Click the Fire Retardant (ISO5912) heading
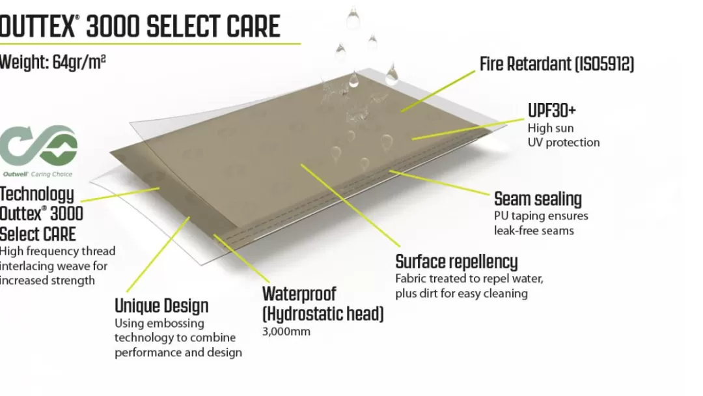(x=557, y=64)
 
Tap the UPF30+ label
(x=551, y=110)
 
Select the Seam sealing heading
(x=538, y=199)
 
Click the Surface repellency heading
(x=456, y=261)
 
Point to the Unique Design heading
(x=161, y=306)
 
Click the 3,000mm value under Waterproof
(x=286, y=332)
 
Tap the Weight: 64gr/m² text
(x=53, y=62)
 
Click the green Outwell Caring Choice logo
(x=38, y=150)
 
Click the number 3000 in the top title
(x=113, y=27)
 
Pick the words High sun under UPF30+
(x=551, y=128)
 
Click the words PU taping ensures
(x=541, y=216)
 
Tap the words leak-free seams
(x=534, y=231)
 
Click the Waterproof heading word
(x=299, y=294)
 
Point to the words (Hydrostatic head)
(x=323, y=314)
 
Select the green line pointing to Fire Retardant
(x=437, y=91)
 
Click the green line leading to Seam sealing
(x=439, y=182)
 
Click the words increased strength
(x=48, y=281)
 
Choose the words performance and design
(x=178, y=352)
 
